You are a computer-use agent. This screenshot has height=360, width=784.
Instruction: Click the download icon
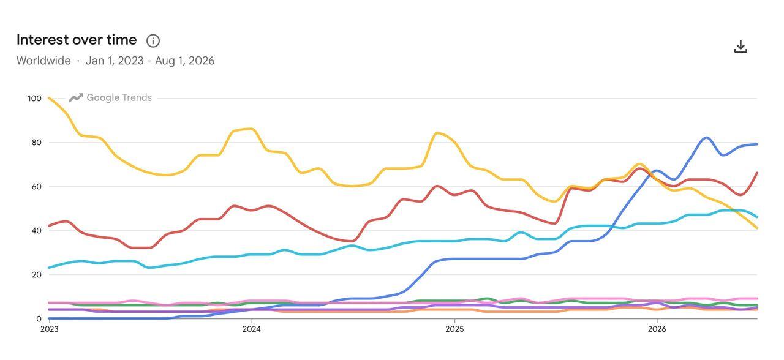click(741, 47)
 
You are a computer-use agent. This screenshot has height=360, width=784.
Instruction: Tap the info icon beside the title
click(153, 41)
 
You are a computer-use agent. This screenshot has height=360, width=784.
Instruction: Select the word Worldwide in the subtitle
click(43, 61)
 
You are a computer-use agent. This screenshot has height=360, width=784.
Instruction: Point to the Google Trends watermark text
click(119, 97)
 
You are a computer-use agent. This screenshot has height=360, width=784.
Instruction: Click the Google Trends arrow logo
click(75, 97)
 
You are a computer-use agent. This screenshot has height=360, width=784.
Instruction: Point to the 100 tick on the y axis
click(34, 99)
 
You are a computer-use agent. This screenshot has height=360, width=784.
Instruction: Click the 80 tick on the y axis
click(36, 143)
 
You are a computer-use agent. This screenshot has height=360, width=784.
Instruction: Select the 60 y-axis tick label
click(36, 187)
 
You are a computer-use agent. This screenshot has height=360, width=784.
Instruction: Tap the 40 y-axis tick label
click(36, 231)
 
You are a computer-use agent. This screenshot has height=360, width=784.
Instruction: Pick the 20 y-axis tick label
click(36, 275)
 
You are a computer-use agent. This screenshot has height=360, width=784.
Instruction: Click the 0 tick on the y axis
click(39, 319)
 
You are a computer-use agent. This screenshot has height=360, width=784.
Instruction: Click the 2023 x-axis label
click(50, 329)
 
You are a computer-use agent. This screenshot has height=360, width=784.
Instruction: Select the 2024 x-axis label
click(252, 329)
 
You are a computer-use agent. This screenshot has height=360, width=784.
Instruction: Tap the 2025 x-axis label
click(454, 329)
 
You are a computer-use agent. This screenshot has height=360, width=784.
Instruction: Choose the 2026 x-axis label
click(657, 329)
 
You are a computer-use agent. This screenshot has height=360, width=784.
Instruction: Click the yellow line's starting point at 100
click(49, 98)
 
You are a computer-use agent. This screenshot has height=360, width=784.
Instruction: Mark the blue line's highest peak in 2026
click(707, 138)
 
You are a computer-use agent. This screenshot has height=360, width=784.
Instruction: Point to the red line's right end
click(757, 173)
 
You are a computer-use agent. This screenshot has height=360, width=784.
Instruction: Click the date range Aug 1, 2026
click(185, 61)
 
